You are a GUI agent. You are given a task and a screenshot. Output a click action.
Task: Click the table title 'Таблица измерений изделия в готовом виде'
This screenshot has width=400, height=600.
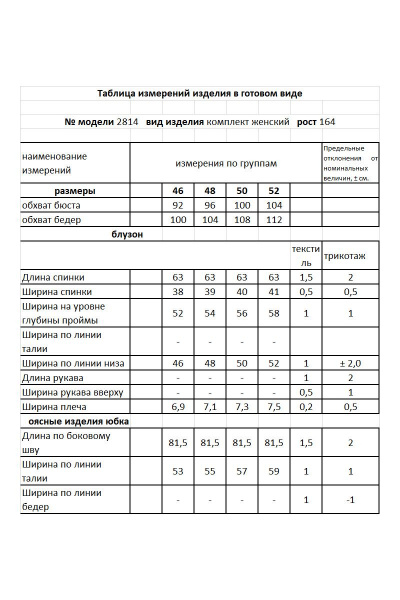coord(199,93)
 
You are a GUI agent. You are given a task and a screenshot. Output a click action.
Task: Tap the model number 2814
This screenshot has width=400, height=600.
coord(127,121)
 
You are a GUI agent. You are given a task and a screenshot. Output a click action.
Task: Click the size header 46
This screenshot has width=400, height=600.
coord(178,190)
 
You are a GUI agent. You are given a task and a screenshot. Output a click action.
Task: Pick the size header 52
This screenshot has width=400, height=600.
coord(273,190)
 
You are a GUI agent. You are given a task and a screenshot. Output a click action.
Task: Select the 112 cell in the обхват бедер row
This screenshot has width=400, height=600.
coord(273,219)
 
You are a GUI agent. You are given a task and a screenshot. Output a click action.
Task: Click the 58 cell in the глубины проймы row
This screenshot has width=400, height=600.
coord(273,313)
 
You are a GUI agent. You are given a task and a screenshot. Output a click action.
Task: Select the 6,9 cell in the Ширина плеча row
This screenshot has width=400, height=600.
coord(178,407)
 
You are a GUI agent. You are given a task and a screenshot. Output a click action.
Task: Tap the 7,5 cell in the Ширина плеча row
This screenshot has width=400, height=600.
coord(273,407)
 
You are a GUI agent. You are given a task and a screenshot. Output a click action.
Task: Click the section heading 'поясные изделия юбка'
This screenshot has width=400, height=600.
coord(75,422)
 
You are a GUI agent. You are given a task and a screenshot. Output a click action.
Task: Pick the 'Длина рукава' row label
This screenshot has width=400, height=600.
coord(54,378)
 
